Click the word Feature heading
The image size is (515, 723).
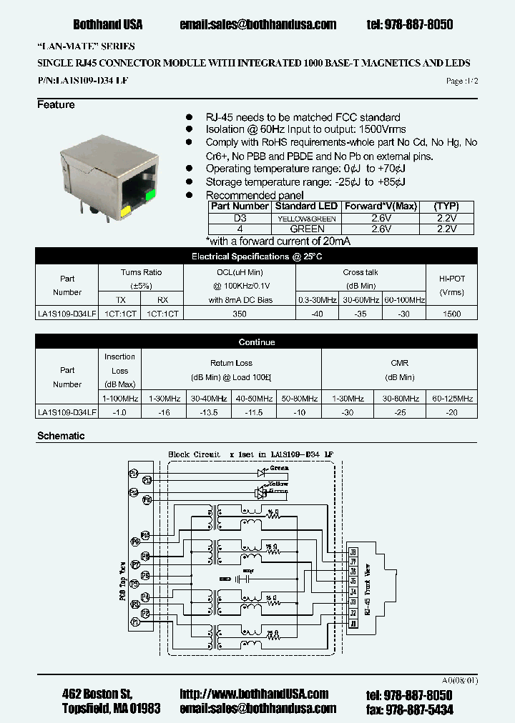pyautogui.click(x=56, y=105)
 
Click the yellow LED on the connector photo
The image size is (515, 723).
pyautogui.click(x=126, y=210)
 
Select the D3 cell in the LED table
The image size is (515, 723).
pyautogui.click(x=240, y=218)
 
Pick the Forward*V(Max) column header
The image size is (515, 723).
pyautogui.click(x=380, y=206)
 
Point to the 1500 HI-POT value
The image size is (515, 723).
pyautogui.click(x=452, y=314)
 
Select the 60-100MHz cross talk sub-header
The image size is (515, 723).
pyautogui.click(x=404, y=300)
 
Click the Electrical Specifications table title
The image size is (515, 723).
pyautogui.click(x=257, y=256)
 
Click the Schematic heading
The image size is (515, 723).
pyautogui.click(x=61, y=436)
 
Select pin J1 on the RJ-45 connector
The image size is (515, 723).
pyautogui.click(x=352, y=624)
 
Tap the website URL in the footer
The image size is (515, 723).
pyautogui.click(x=254, y=694)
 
